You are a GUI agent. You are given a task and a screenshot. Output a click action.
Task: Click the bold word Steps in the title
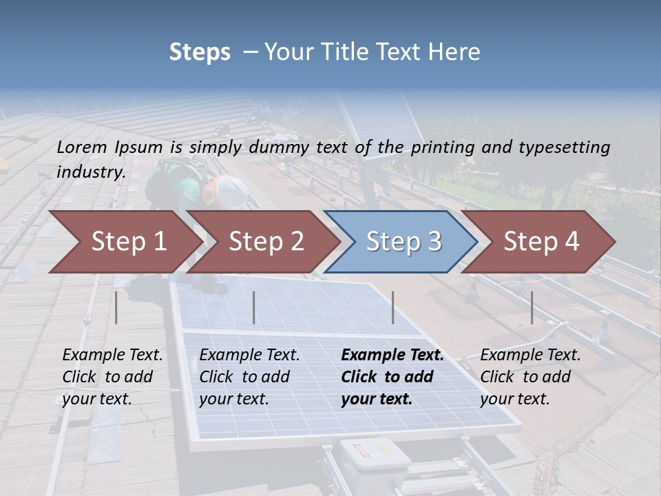200,52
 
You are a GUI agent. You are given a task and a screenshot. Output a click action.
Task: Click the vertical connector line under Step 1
116,307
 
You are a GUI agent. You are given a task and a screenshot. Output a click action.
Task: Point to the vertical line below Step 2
254,307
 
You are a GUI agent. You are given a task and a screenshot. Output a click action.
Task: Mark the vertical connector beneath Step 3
393,307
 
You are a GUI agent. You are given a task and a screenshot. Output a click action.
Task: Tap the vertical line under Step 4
532,307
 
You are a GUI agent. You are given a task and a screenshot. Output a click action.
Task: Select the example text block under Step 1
112,376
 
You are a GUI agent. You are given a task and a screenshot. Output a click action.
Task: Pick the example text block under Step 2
249,376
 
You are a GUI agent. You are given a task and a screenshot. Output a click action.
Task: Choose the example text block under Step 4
530,376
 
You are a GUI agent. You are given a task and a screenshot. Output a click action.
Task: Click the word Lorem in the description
82,147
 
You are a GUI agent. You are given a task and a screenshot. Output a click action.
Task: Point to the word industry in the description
90,172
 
